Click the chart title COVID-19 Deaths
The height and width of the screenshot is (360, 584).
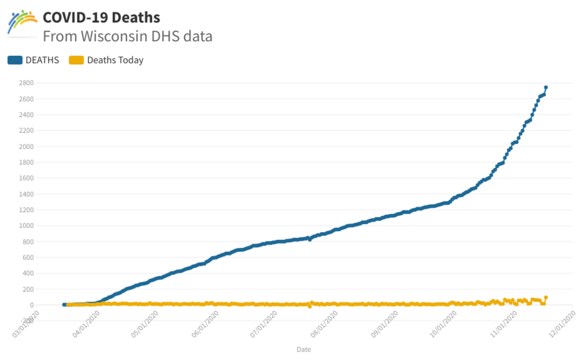pyautogui.click(x=101, y=18)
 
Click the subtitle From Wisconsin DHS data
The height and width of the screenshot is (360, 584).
pyautogui.click(x=127, y=36)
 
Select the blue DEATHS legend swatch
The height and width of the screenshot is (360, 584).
pyautogui.click(x=15, y=60)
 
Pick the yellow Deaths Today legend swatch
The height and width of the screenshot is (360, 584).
pyautogui.click(x=76, y=60)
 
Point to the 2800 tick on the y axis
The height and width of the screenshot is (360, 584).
pyautogui.click(x=26, y=83)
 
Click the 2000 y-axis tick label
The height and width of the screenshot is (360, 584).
pyautogui.click(x=26, y=147)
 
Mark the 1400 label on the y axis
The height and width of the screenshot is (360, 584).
pyautogui.click(x=26, y=194)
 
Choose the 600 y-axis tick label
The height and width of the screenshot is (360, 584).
pyautogui.click(x=28, y=258)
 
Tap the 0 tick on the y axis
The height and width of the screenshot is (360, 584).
pyautogui.click(x=31, y=305)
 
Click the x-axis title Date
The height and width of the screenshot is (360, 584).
pyautogui.click(x=304, y=349)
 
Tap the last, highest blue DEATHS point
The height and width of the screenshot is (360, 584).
pyautogui.click(x=546, y=87)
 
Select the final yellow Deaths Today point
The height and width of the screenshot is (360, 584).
pyautogui.click(x=546, y=298)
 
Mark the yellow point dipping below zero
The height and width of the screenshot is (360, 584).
pyautogui.click(x=310, y=307)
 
